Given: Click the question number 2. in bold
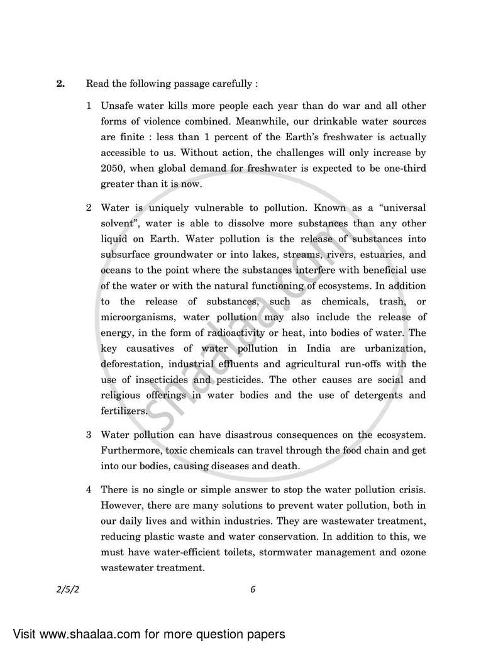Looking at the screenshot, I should (60, 83).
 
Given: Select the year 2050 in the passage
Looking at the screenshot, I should (113, 169).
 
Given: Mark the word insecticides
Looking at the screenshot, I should (160, 379).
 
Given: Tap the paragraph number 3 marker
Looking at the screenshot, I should (89, 435).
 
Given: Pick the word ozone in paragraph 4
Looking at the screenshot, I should (412, 551).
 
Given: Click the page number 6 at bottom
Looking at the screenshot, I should (252, 589).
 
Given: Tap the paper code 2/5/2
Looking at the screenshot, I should (68, 589).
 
